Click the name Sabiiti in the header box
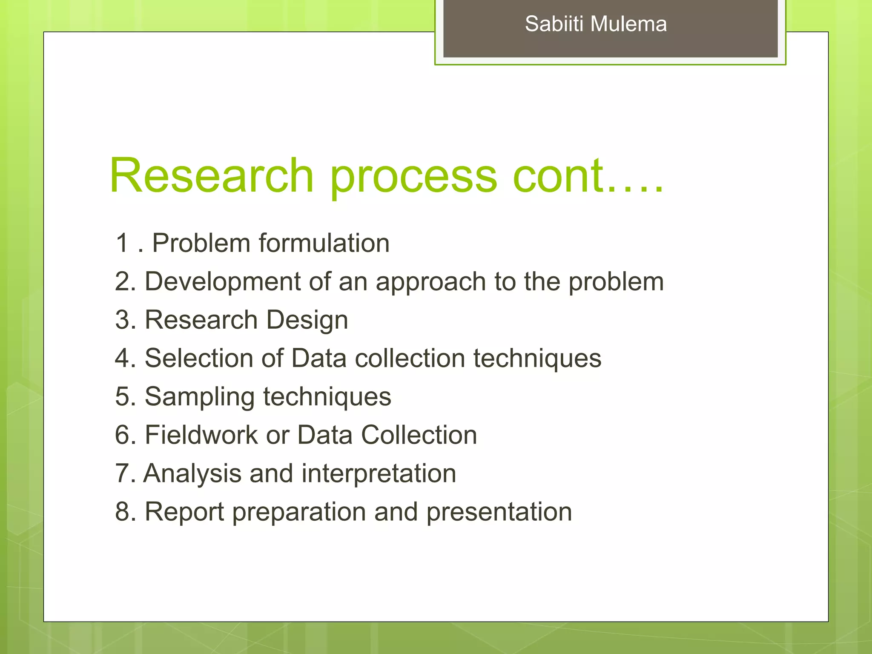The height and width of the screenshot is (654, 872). [x=554, y=24]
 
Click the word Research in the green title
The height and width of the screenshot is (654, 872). [x=212, y=176]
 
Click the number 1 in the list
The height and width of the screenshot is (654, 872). [x=122, y=243]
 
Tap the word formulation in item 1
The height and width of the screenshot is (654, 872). [x=324, y=243]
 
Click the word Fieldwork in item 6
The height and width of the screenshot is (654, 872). [x=201, y=435]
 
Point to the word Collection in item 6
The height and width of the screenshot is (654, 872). [x=419, y=435]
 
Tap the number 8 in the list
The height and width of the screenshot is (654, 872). [x=122, y=512]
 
